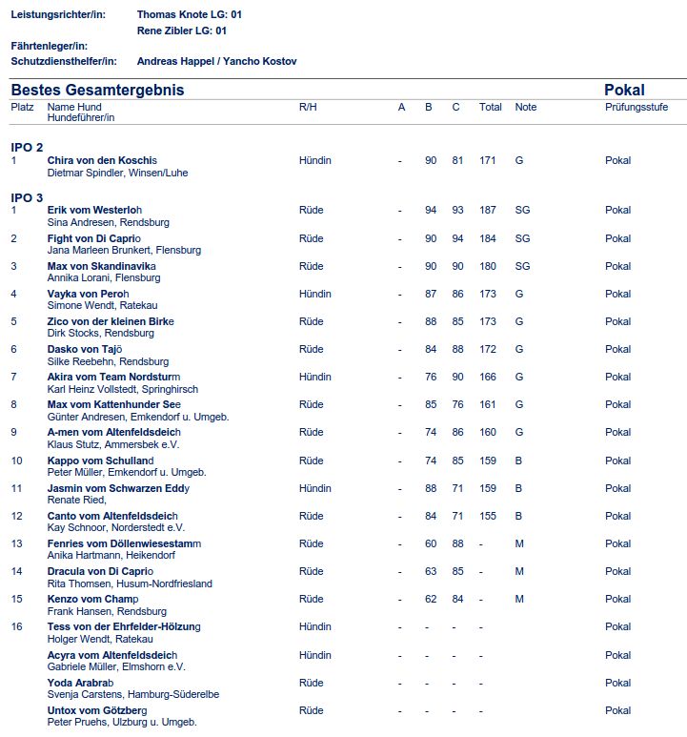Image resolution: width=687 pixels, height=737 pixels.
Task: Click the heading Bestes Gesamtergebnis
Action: pos(97,90)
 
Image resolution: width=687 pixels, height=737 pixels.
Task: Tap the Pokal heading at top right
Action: pos(624,90)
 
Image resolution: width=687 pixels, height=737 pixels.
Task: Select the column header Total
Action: pos(491,108)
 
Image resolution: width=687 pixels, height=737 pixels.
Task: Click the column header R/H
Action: pos(308,108)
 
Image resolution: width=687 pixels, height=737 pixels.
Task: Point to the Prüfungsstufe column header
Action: pos(636,108)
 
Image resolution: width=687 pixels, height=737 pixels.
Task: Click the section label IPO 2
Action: pos(27,147)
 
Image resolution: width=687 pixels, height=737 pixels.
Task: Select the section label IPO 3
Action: pos(27,197)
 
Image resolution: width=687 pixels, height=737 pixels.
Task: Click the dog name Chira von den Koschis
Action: pos(102,161)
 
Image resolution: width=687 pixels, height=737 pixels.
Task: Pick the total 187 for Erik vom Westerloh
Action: pos(489,211)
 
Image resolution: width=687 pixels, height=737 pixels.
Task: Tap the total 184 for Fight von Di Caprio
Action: pos(489,238)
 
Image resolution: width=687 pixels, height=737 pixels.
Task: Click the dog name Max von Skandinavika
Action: pos(101,266)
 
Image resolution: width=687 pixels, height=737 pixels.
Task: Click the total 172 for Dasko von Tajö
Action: pos(489,349)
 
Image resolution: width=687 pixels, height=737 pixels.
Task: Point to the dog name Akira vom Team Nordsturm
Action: pos(113,377)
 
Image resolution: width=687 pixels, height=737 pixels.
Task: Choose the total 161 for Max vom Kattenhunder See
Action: pos(489,404)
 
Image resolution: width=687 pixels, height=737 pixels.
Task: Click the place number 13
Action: pos(16,543)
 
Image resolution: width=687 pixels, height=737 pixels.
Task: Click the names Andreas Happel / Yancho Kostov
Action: pos(217,61)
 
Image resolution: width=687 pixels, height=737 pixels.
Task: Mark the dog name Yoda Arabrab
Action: pos(80,683)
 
